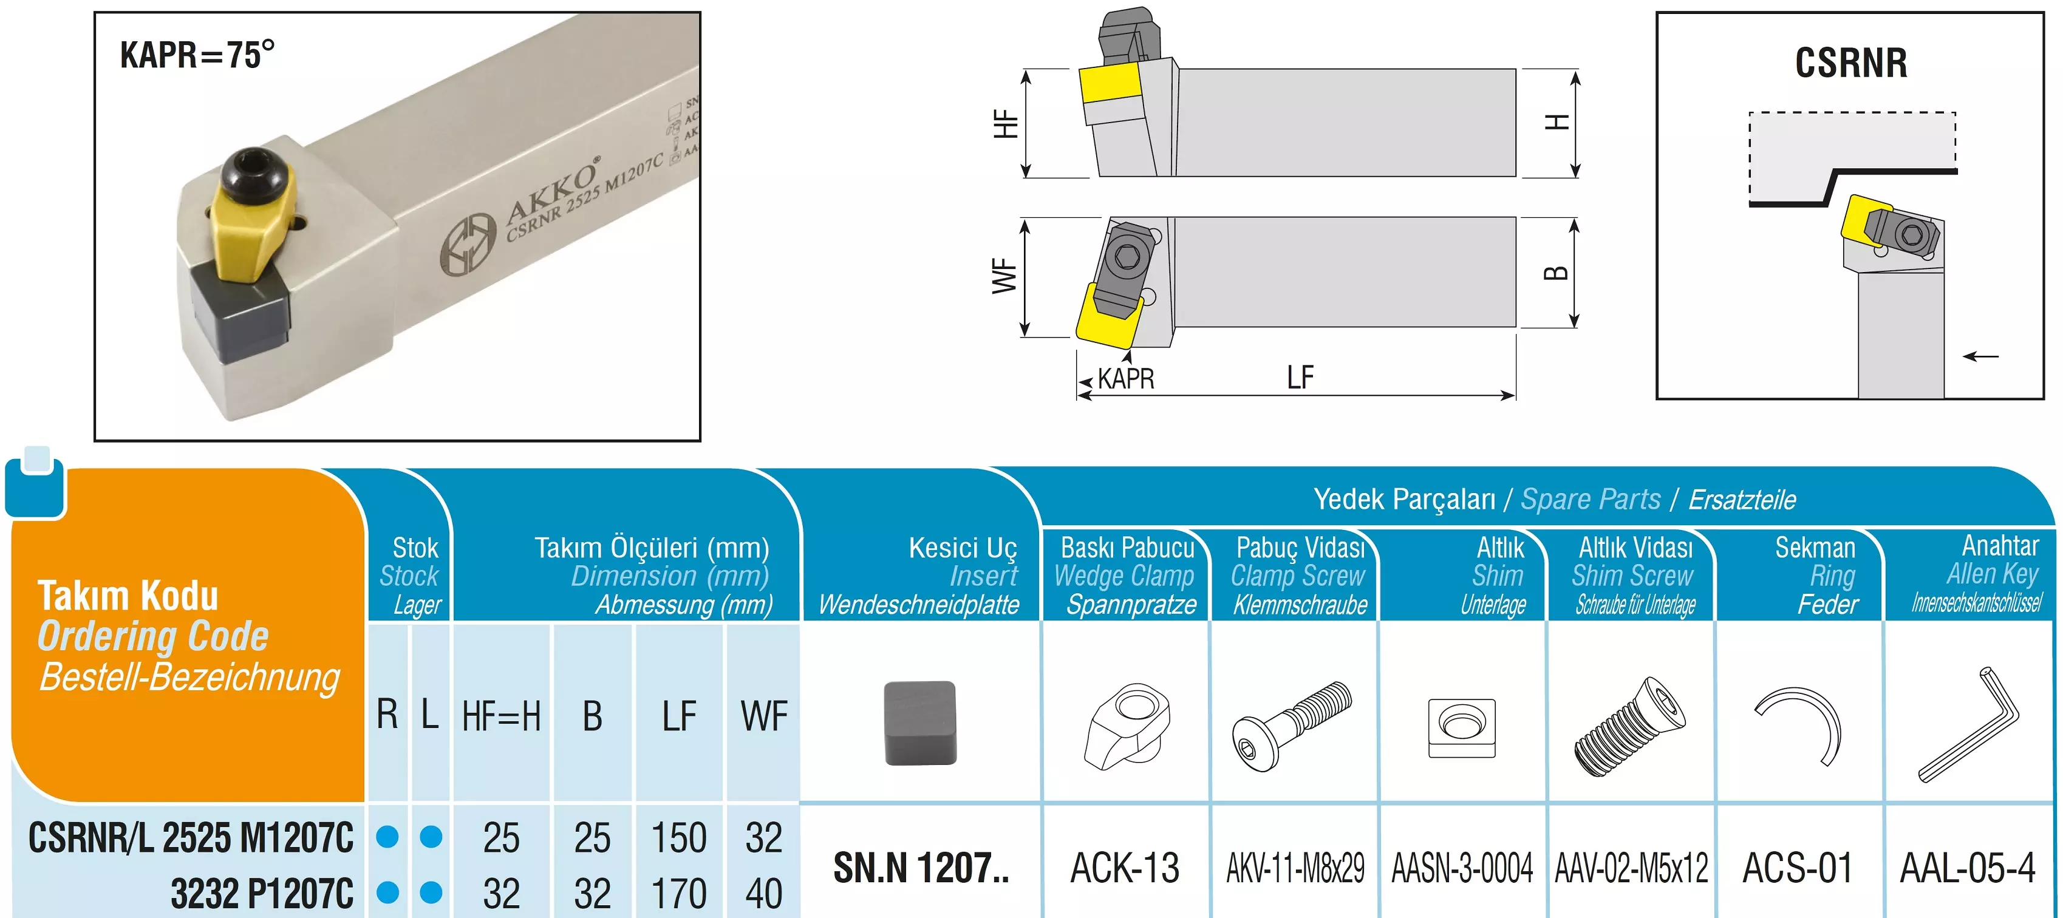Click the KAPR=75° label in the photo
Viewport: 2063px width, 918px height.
click(x=197, y=55)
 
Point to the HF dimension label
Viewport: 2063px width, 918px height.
click(x=1006, y=124)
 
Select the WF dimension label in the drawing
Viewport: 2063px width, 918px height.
click(x=1004, y=276)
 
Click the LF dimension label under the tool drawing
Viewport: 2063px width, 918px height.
click(x=1300, y=378)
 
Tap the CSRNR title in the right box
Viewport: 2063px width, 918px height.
click(x=1851, y=63)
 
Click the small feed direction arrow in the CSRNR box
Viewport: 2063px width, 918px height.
click(x=1980, y=356)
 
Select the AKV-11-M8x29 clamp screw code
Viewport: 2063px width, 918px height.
click(x=1295, y=868)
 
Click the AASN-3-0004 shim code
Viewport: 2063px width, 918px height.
click(x=1462, y=868)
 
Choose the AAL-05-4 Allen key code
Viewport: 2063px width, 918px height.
click(x=1968, y=868)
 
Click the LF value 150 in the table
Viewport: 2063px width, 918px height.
click(x=678, y=838)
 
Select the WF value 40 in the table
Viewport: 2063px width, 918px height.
click(x=763, y=893)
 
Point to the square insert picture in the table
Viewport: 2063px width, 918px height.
click(x=920, y=722)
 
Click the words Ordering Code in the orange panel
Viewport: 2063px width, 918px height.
click(x=153, y=636)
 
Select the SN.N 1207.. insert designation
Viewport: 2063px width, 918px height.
click(x=921, y=868)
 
